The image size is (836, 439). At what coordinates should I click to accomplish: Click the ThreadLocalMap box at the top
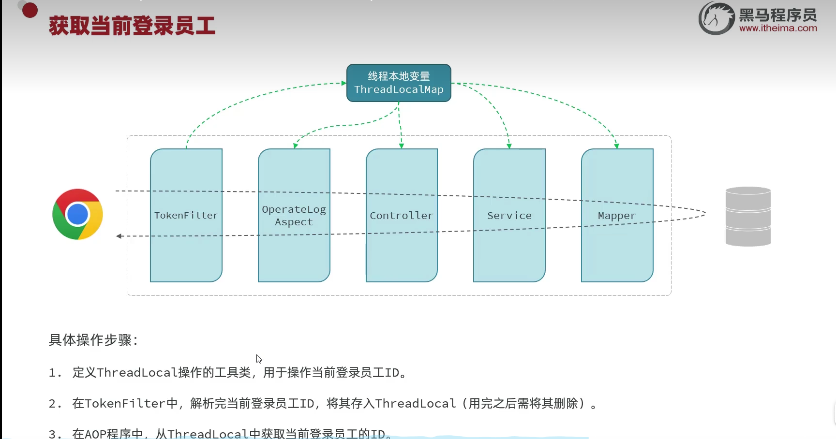(399, 83)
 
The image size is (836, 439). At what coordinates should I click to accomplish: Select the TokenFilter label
(186, 216)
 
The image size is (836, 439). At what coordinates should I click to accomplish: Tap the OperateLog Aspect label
(294, 216)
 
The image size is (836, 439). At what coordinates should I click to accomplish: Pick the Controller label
(402, 216)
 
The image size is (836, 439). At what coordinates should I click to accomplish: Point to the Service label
(509, 216)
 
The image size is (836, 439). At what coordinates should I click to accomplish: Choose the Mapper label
(617, 216)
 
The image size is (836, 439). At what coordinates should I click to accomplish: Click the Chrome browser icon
(77, 214)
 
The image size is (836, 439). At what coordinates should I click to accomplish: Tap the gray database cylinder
(748, 216)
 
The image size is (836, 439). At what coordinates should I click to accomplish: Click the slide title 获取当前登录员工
(132, 26)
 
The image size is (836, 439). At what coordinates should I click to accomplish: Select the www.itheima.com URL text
(778, 28)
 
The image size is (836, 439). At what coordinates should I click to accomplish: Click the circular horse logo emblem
(716, 18)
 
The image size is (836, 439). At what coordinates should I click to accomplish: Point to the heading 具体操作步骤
(93, 340)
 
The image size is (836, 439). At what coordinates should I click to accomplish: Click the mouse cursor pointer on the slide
(259, 359)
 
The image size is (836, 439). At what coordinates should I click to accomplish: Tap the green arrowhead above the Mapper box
(616, 146)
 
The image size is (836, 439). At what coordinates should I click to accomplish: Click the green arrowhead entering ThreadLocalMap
(343, 83)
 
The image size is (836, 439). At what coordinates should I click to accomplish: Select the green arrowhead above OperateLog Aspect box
(296, 146)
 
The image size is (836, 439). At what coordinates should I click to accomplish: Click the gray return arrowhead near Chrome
(119, 236)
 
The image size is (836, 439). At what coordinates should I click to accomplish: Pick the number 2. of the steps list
(55, 404)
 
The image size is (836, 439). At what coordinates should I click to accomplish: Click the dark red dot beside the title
(30, 10)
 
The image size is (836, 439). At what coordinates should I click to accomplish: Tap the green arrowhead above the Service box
(509, 146)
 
